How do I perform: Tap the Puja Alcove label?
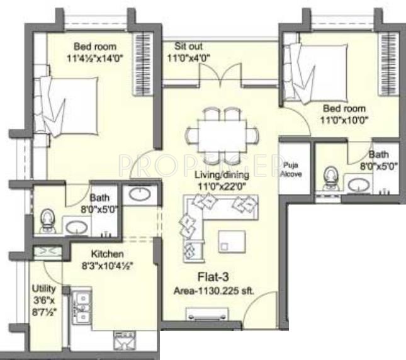[291, 169]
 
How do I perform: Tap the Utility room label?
[44, 289]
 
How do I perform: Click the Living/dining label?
[222, 175]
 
